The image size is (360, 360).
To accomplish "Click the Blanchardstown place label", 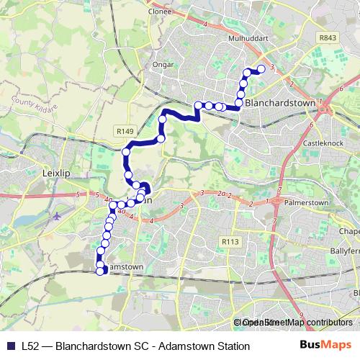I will [x=280, y=103].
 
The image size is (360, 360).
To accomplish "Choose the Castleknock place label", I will [x=324, y=145].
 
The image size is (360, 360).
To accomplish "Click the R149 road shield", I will [x=125, y=131].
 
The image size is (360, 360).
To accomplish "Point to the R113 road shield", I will [x=230, y=242].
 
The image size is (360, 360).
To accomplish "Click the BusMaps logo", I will [x=325, y=346].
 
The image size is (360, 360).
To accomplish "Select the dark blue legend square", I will [x=12, y=346].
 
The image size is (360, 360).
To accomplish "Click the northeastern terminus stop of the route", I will [x=261, y=68].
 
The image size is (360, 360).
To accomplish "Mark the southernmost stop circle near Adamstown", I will [x=100, y=271].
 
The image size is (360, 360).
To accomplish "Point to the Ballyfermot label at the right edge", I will [x=346, y=251].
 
